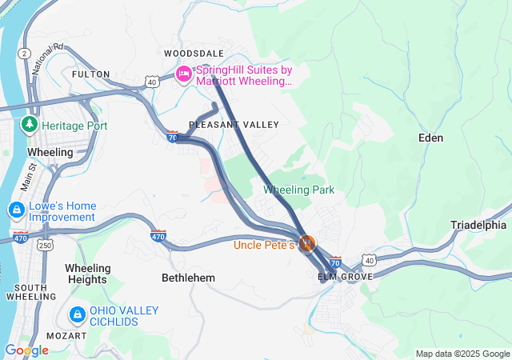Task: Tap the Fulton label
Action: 90,74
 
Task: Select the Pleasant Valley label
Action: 234,125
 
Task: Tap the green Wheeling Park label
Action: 299,190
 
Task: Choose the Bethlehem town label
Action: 189,278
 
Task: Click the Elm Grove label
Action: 345,277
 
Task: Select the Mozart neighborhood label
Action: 68,335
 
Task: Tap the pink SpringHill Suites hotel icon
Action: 183,74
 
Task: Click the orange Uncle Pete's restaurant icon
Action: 307,243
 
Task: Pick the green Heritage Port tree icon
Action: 30,125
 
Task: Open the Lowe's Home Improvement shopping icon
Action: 16,210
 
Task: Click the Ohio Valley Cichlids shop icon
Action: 78,315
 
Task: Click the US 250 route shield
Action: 46,246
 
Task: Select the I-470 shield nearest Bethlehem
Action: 158,236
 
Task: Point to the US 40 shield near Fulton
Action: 152,82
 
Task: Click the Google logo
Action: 26,350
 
